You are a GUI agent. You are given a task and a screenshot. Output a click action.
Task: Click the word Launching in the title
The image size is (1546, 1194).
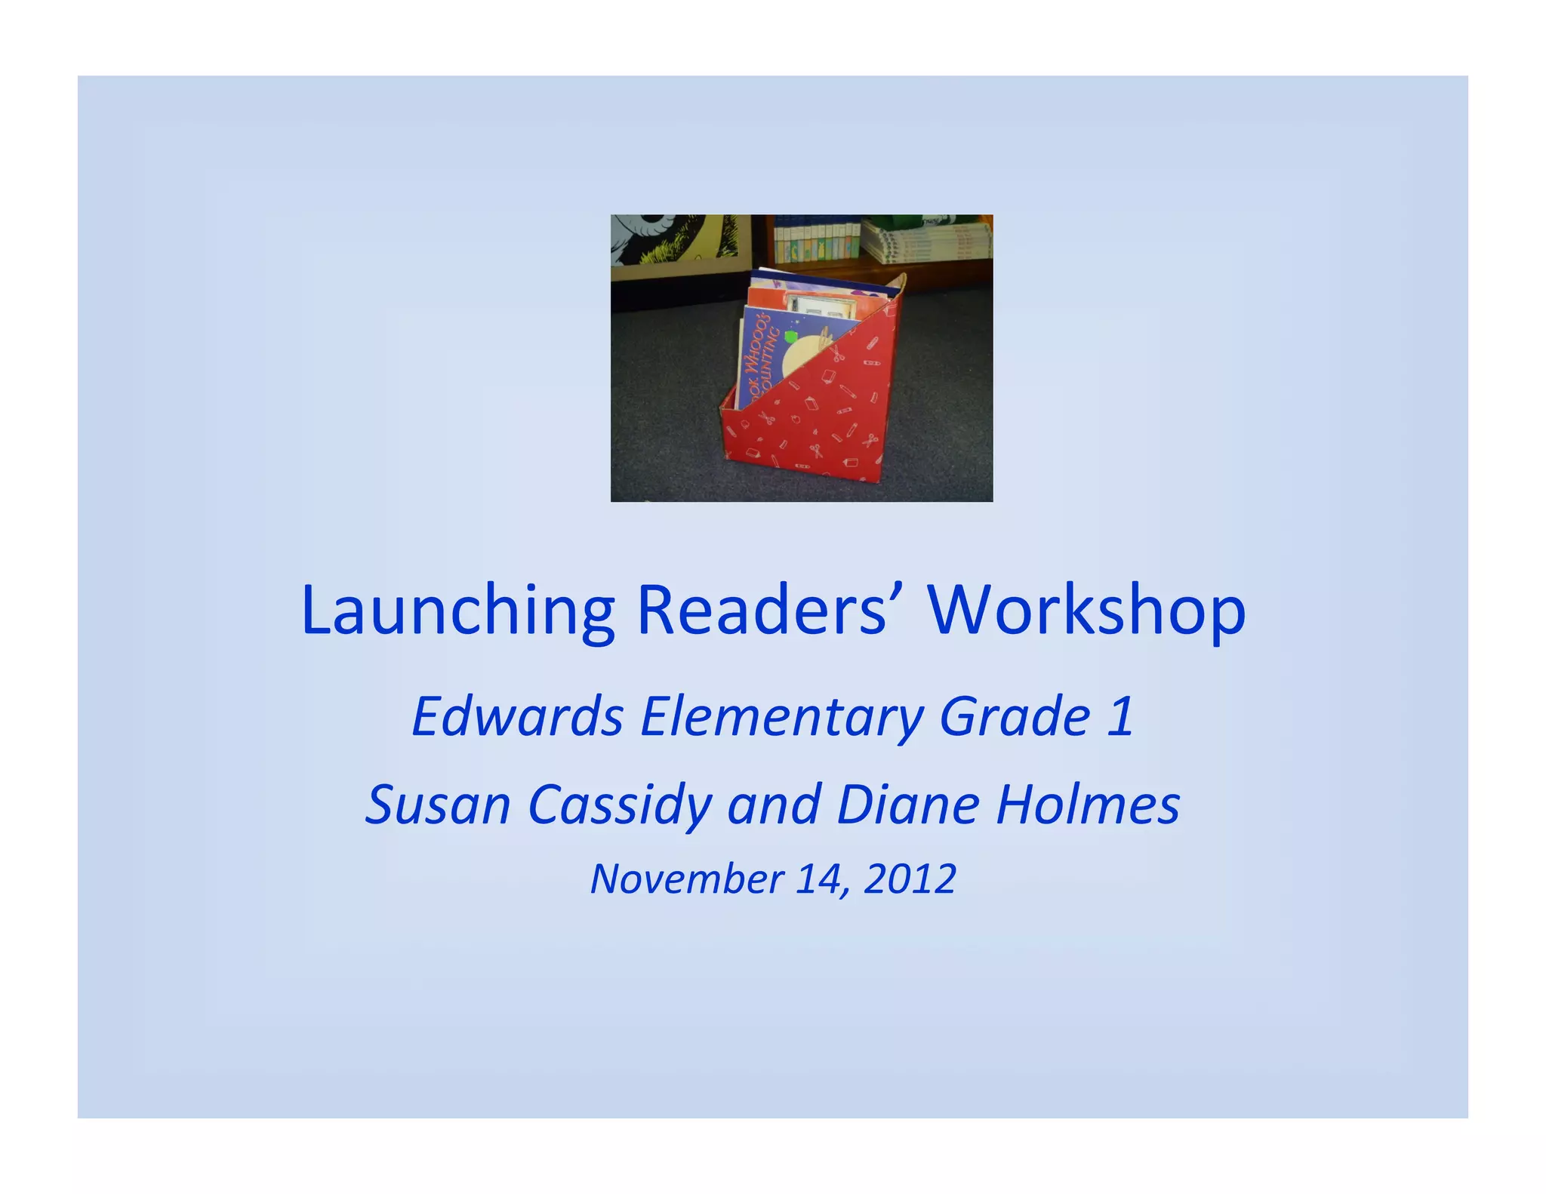pos(457,611)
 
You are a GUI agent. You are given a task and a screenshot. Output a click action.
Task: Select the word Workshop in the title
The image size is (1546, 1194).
pos(1086,611)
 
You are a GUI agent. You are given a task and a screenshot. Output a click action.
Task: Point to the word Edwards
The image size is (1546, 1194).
pos(517,716)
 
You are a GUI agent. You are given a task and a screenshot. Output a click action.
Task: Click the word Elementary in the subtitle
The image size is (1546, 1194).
pos(781,718)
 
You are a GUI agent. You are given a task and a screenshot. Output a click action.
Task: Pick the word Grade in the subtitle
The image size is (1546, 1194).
pos(1015,716)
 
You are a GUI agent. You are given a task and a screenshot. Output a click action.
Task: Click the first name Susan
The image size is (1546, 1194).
pos(438,805)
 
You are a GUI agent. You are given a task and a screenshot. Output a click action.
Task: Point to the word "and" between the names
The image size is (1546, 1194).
pos(774,805)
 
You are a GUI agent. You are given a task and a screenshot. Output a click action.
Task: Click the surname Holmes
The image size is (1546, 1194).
pos(1087,805)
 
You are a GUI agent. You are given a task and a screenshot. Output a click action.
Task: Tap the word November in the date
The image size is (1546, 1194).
pos(686,879)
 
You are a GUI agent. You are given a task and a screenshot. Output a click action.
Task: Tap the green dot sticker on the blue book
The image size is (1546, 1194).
pos(790,336)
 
